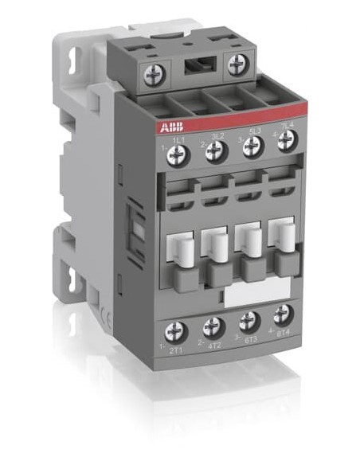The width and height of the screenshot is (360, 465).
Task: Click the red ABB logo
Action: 158,127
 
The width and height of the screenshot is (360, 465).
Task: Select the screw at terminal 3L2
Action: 213,151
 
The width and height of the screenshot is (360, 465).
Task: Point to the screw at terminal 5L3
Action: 252,146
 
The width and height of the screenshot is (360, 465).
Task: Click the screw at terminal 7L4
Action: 288,140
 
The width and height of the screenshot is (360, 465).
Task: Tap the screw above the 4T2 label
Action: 213,325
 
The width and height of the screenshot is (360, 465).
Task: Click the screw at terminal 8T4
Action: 283,314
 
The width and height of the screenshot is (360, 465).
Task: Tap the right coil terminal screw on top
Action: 237,64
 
